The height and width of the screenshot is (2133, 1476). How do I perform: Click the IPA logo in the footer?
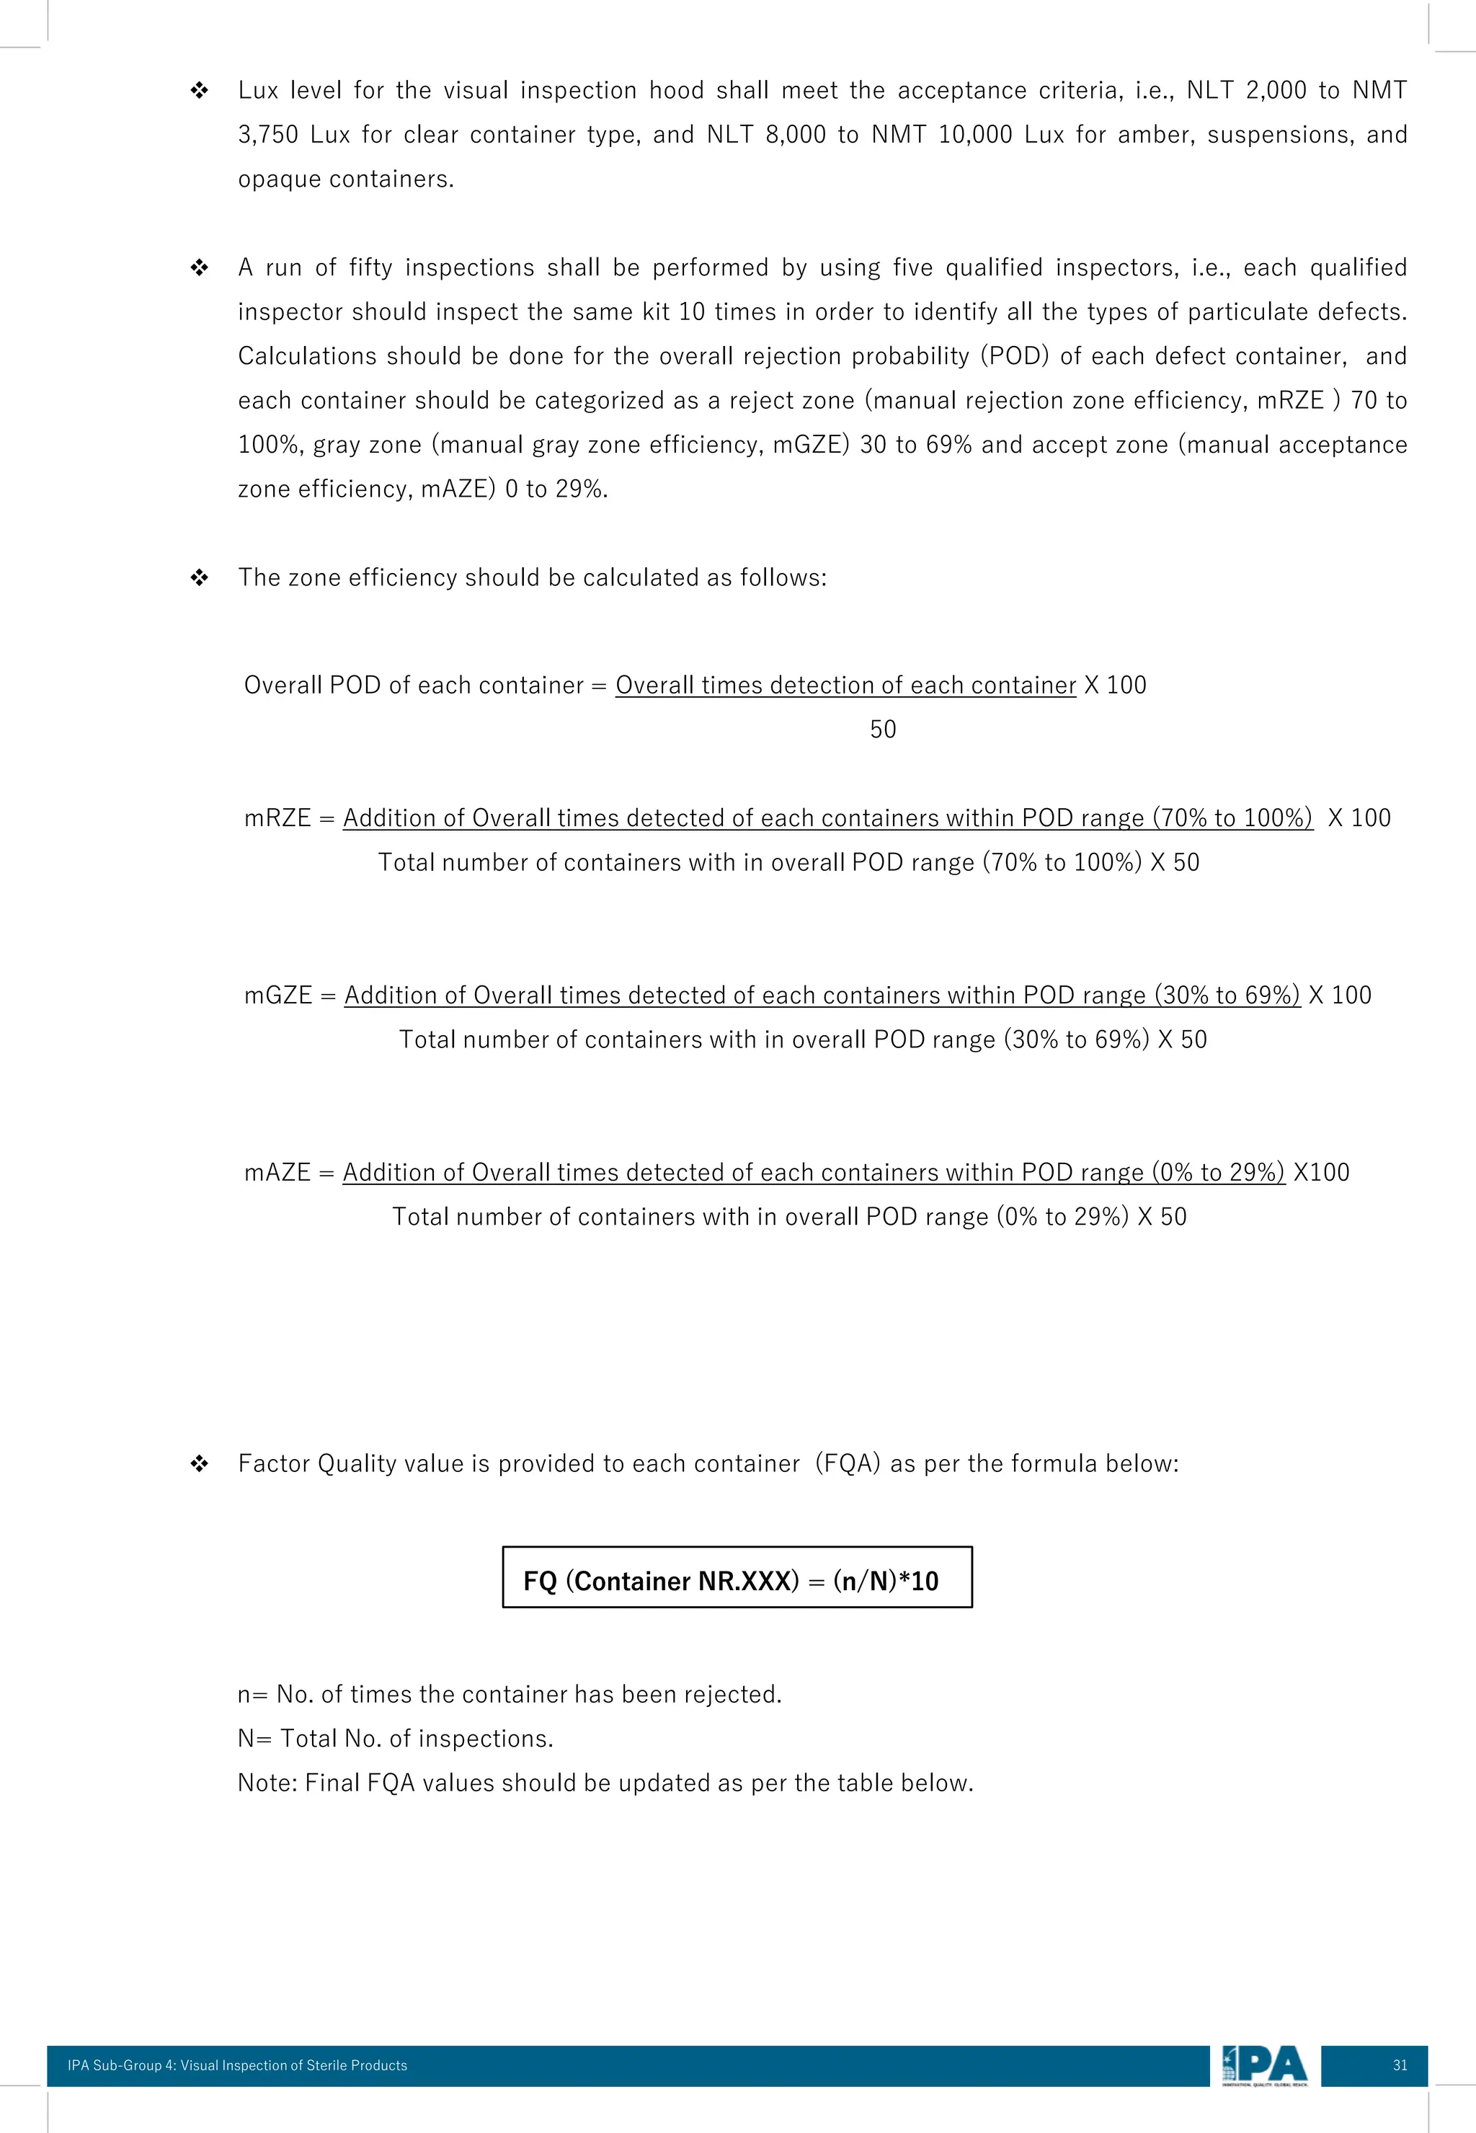(1264, 2065)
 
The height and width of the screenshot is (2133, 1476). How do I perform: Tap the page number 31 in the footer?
(1399, 2065)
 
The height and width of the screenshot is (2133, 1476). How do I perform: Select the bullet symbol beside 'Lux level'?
(199, 91)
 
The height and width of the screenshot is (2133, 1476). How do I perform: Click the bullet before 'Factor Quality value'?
(199, 1464)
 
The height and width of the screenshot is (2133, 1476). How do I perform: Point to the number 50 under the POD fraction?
(882, 730)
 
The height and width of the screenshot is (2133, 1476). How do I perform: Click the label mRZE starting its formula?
(277, 819)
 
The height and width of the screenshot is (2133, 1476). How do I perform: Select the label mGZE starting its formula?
(277, 995)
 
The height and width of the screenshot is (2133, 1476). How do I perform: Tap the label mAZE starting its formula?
(277, 1173)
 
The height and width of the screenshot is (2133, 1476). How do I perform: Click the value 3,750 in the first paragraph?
(267, 135)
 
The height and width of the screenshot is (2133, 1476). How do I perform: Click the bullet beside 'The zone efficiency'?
(199, 578)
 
